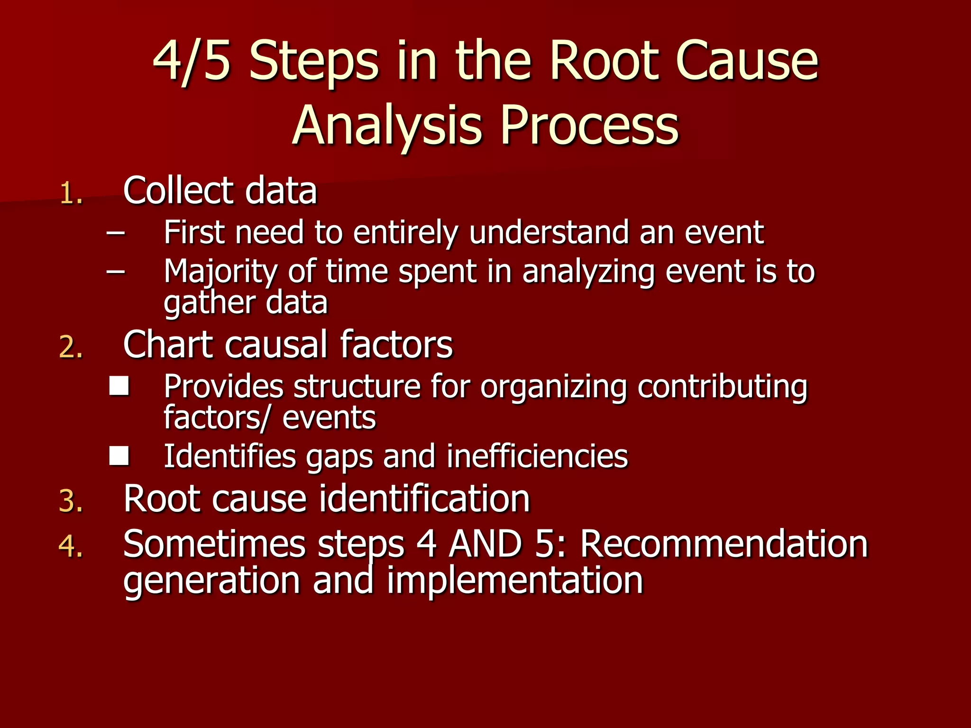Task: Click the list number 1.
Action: tap(71, 193)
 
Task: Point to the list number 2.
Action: tap(71, 347)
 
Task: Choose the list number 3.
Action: tap(71, 501)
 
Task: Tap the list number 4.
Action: tap(71, 546)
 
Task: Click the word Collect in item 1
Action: tap(178, 191)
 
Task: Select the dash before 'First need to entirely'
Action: tap(116, 233)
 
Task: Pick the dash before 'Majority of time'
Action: tap(116, 272)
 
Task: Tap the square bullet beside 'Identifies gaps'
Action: tap(119, 456)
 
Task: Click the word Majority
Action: tap(220, 273)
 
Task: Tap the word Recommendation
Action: tap(724, 544)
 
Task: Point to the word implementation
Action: tap(515, 581)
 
